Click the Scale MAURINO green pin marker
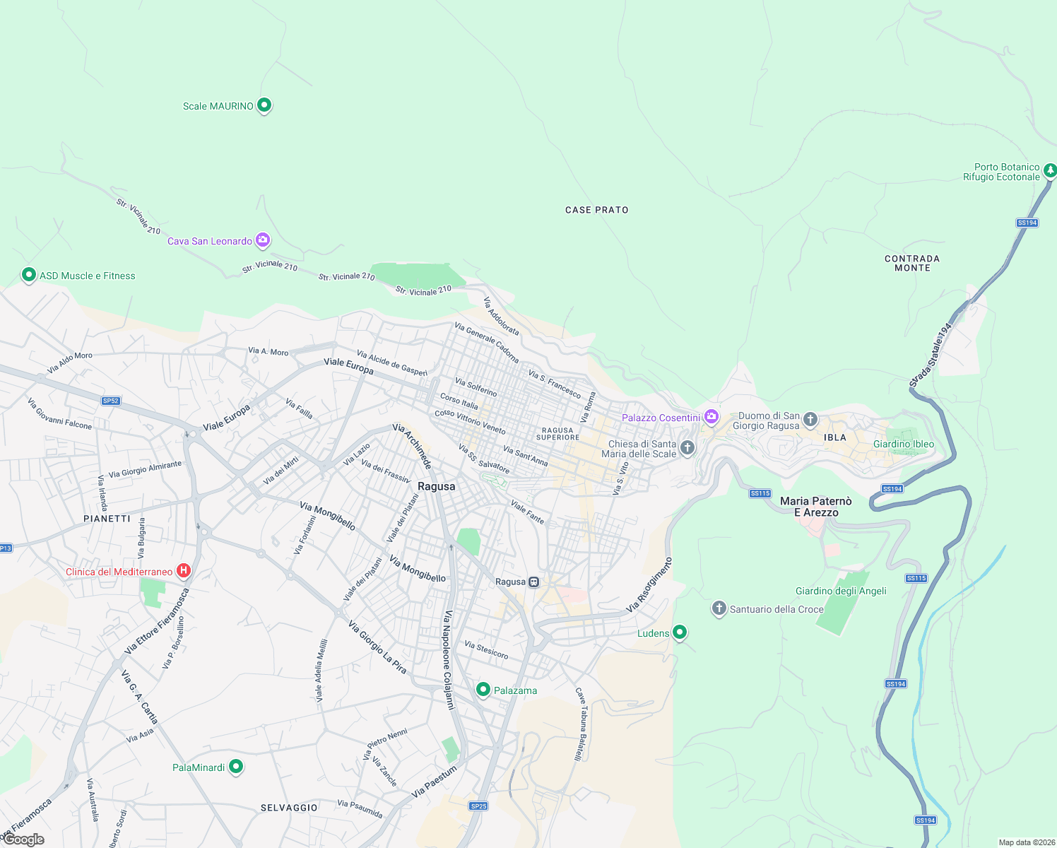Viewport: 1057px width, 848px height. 264,105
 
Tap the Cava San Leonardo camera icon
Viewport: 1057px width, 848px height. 263,240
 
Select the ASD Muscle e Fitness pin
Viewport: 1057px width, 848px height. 29,274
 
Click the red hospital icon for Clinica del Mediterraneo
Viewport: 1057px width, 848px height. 184,570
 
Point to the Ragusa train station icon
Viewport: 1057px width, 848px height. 534,582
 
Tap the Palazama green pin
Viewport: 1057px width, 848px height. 483,689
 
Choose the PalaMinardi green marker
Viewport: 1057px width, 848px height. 237,766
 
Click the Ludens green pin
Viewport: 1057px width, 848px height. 680,632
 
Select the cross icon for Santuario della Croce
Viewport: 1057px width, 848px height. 719,608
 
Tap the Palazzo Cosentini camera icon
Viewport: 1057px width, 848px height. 711,417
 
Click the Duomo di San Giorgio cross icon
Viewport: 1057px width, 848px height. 810,420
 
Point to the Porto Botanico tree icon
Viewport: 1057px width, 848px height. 1050,170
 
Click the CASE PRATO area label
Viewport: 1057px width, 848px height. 596,210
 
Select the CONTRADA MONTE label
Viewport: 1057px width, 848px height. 912,263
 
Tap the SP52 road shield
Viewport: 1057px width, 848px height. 111,401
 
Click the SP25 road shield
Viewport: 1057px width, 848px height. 478,806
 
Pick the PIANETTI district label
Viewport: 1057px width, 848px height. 107,519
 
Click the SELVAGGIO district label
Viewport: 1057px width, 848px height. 289,807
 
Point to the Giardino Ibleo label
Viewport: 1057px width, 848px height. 904,444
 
